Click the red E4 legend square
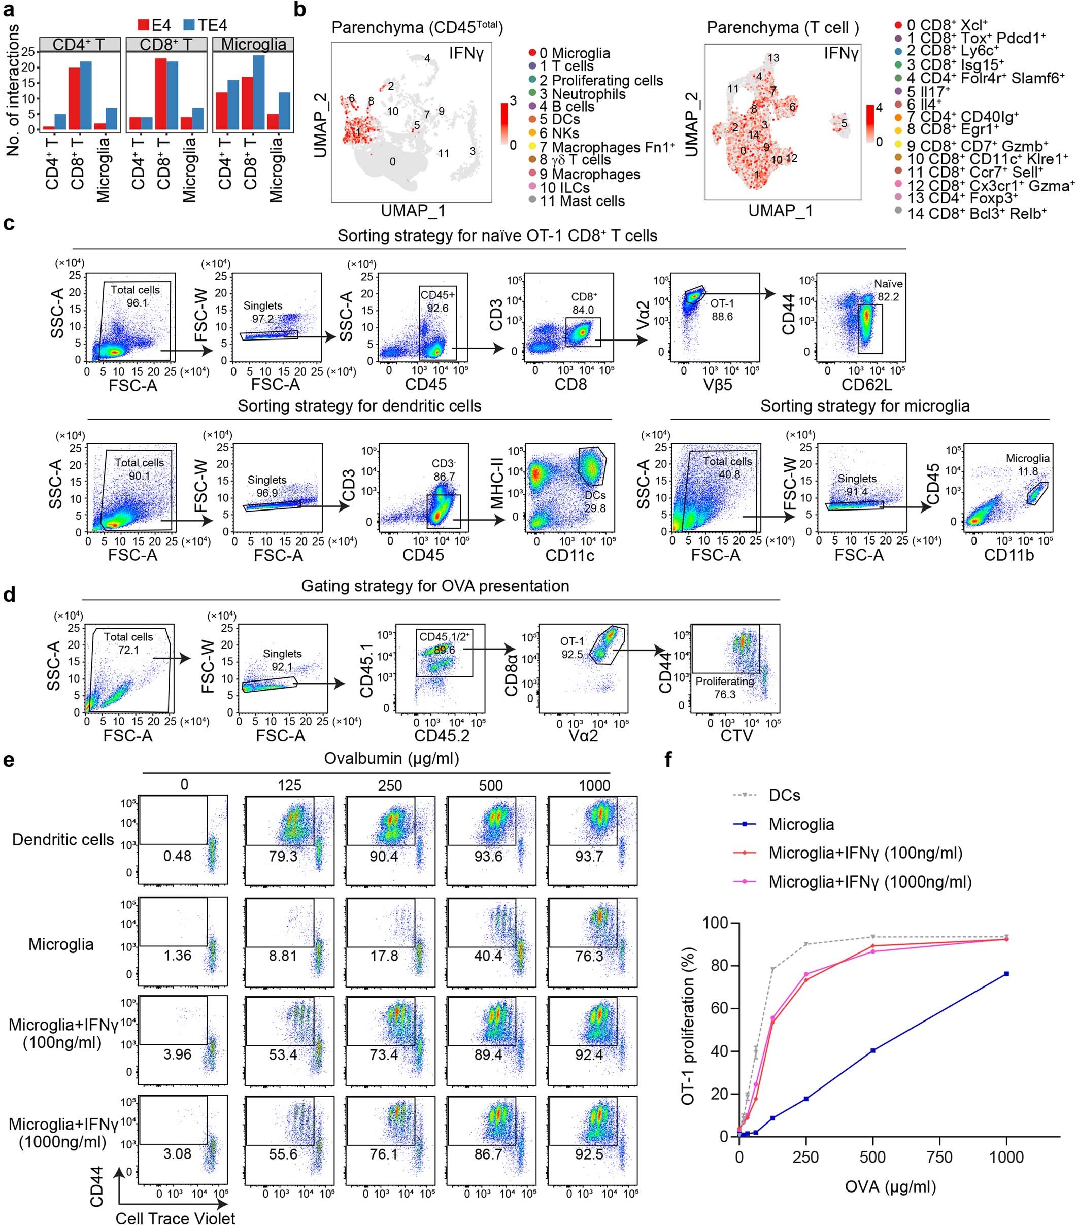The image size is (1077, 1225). coord(144,25)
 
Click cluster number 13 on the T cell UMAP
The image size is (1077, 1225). coord(773,58)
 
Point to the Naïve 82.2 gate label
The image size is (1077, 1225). coord(888,290)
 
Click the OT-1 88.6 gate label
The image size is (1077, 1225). coord(722,310)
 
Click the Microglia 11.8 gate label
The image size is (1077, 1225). coord(1027,465)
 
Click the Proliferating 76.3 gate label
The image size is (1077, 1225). coord(725,688)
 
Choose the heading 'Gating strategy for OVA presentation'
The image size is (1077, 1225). coord(435,586)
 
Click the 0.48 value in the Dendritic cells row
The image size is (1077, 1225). coord(178,856)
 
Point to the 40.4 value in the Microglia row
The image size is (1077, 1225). coord(488,956)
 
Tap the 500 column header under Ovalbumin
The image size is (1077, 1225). coord(490,785)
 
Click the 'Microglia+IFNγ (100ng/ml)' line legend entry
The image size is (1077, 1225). coord(865,853)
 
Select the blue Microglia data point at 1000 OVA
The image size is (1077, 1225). coord(1006,974)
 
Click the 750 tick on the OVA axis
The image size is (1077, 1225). coord(939,1158)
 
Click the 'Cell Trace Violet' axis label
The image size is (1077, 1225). coord(175,1217)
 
